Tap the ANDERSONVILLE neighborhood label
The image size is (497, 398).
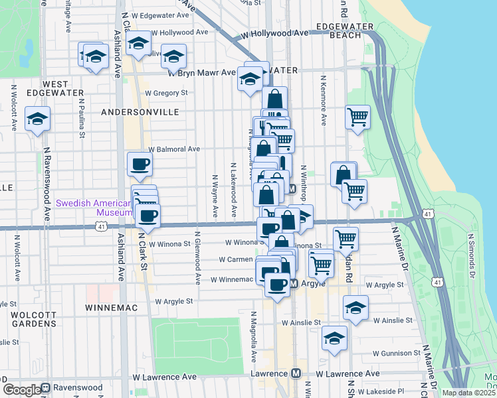pos(141,113)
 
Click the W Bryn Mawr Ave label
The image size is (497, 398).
pos(202,73)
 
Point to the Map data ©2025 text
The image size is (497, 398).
pos(469,393)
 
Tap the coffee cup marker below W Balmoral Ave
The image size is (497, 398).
pos(140,163)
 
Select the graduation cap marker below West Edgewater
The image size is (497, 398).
pos(38,119)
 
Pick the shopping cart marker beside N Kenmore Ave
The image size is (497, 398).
pos(357,117)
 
